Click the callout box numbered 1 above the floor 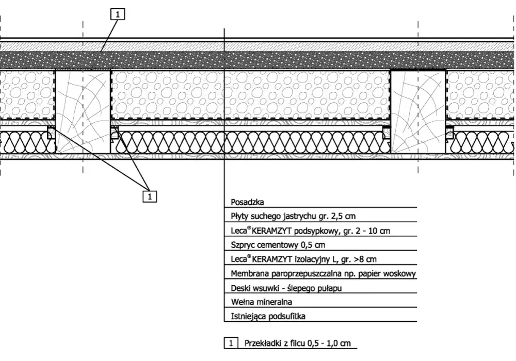pos(118,14)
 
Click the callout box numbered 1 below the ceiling pos(150,196)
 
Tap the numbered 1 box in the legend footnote pos(231,343)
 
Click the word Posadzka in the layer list pos(248,202)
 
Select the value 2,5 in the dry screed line pos(334,216)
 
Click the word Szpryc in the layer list pos(243,245)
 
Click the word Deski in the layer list pos(240,288)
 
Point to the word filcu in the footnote pos(297,343)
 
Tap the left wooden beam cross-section pos(83,111)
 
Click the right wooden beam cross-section pos(418,111)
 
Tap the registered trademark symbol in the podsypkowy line pos(249,228)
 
